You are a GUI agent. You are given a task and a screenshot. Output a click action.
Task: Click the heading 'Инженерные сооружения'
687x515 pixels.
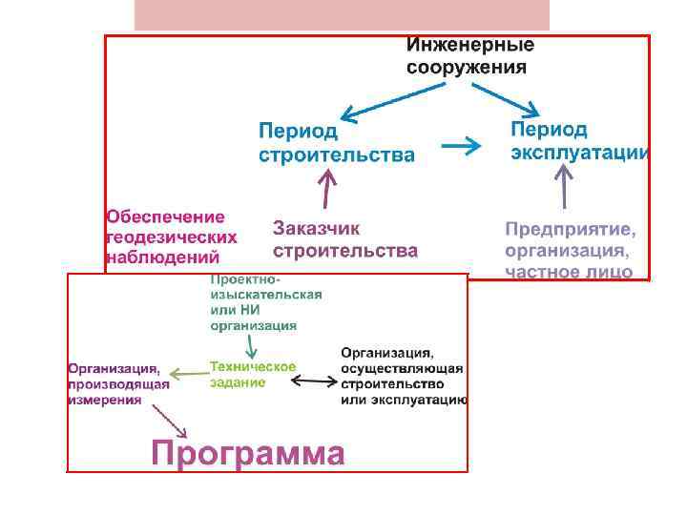coord(470,56)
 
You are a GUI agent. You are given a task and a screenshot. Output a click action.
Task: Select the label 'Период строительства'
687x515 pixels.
coord(336,142)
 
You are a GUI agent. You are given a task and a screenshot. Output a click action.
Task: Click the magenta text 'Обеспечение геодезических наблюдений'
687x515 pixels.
coord(171,237)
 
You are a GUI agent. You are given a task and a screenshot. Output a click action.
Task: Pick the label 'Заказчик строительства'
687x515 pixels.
coord(344,239)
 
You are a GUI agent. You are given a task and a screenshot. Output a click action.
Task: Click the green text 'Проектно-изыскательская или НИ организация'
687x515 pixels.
coord(265,303)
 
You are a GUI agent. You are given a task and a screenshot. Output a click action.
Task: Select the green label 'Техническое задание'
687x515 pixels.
coord(252,374)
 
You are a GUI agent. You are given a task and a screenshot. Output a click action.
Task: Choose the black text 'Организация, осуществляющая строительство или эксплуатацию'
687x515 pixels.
coord(403,377)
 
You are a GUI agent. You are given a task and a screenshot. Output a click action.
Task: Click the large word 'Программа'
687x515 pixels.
coord(247,453)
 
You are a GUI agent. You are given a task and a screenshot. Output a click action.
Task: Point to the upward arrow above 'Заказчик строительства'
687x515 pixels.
coord(327,188)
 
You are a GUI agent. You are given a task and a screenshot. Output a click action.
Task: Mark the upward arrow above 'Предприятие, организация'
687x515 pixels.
coord(564,186)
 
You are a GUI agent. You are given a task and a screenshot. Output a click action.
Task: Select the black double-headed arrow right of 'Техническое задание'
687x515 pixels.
coord(313,381)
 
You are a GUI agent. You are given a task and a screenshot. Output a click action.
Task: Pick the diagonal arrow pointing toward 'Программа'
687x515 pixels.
coord(169,418)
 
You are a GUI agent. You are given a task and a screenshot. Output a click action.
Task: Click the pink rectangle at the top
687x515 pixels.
coord(342,15)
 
